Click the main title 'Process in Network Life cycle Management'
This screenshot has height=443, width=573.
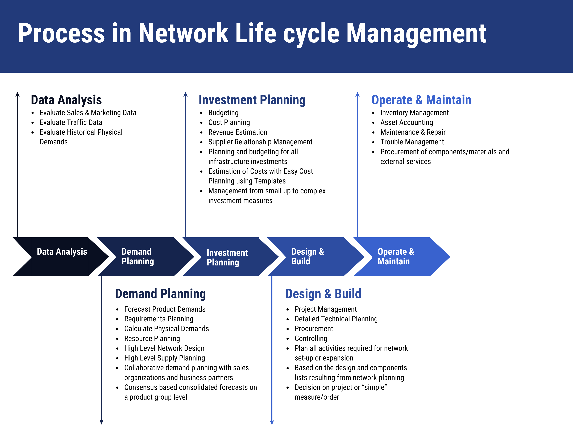tap(252, 33)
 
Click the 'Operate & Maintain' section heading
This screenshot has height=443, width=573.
tap(421, 100)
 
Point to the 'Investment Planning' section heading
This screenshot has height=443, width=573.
tap(252, 100)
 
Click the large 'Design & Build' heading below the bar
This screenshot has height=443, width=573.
tap(323, 294)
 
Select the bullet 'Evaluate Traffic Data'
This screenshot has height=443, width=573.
tap(71, 122)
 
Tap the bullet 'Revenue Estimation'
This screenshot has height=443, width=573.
tap(238, 132)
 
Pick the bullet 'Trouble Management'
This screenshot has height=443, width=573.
tap(412, 142)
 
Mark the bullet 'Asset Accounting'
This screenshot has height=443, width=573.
tap(406, 122)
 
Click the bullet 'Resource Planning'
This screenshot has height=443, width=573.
tap(152, 339)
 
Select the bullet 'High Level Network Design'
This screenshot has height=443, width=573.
tap(164, 348)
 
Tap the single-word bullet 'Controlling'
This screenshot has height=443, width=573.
tap(311, 339)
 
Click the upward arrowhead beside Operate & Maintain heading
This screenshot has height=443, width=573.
tap(357, 95)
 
